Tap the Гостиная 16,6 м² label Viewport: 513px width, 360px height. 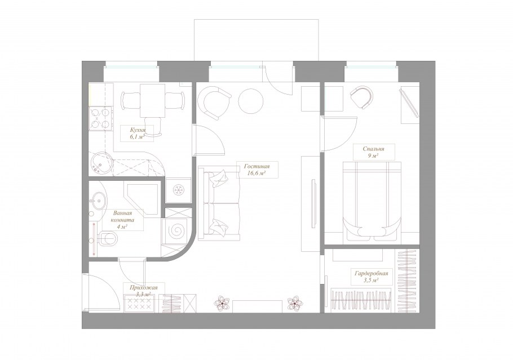point(257,170)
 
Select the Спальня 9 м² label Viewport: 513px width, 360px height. point(373,152)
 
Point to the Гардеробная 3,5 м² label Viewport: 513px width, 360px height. point(372,277)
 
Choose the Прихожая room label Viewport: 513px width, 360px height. point(144,288)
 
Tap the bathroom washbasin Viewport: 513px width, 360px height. point(97,199)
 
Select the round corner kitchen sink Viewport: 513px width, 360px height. point(101,163)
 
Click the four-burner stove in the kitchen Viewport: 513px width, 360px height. point(100,118)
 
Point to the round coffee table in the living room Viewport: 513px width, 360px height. point(251,101)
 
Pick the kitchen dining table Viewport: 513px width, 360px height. point(152,101)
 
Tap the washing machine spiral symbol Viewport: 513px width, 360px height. point(176,231)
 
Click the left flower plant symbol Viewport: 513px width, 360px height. point(223,303)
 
